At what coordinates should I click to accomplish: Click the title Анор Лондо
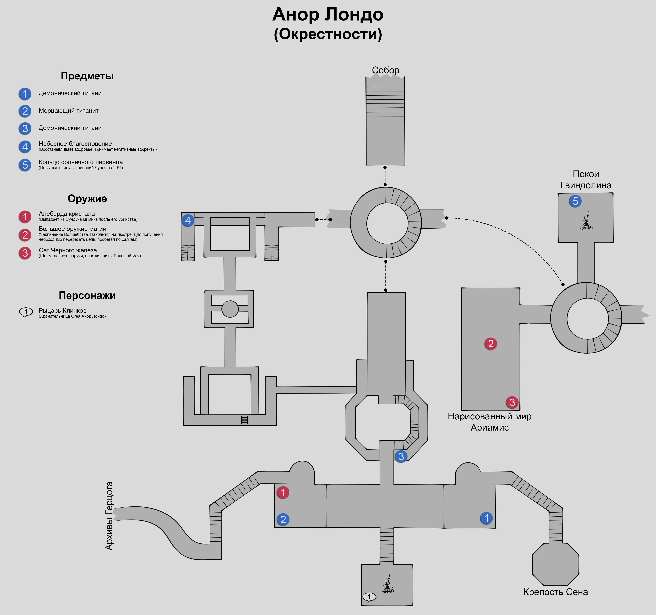[x=328, y=15]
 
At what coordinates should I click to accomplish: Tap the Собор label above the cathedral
[x=385, y=70]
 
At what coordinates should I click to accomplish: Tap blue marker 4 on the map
[x=188, y=220]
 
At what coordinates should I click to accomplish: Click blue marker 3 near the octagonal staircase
[x=401, y=456]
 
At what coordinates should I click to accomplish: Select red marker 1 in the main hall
[x=283, y=492]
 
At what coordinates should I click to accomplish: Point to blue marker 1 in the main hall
[x=486, y=518]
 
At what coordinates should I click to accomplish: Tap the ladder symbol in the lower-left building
[x=244, y=420]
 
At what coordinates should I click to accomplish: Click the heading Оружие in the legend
[x=87, y=199]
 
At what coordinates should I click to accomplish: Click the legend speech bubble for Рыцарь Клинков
[x=26, y=312]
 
